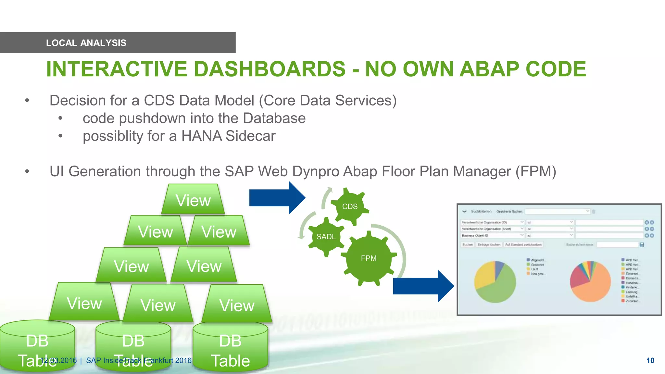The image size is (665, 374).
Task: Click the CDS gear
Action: tap(350, 206)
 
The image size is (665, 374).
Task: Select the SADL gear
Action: tap(326, 237)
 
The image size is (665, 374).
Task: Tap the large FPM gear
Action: tap(369, 258)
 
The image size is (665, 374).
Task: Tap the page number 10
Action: tap(650, 360)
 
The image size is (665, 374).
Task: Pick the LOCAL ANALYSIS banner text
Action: tap(86, 43)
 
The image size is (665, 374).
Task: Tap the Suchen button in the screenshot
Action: tap(468, 244)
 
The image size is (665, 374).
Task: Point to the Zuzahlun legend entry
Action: tap(632, 301)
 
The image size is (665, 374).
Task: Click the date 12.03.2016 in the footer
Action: tap(58, 360)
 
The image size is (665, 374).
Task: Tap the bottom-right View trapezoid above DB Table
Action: tap(237, 305)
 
